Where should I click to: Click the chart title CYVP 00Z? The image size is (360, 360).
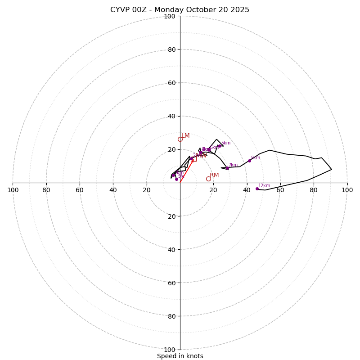pos(180,10)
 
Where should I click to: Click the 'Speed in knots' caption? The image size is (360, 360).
pos(180,356)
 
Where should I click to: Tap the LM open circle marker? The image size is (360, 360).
pos(180,139)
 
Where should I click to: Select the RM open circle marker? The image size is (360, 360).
pos(208,179)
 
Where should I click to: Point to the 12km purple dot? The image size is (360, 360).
pos(257,189)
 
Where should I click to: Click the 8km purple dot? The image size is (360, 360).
pos(249,161)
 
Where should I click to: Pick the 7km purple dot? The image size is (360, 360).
pos(227,168)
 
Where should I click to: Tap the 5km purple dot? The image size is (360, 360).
pos(220,146)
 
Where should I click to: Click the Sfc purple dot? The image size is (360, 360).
pos(176,179)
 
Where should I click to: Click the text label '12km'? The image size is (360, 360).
pos(264,185)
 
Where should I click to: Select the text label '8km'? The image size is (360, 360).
pos(256,157)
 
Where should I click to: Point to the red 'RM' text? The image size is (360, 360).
pos(214,175)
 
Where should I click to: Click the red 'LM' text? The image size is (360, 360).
pos(185,135)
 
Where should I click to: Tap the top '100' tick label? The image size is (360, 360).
pos(170,16)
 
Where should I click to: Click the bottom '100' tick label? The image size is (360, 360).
pos(170,350)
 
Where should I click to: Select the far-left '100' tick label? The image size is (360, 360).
pos(13,190)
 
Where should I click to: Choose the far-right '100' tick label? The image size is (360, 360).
pos(347,190)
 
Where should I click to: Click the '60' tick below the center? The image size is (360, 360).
pos(171,283)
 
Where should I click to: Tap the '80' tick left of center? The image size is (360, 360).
pos(46,190)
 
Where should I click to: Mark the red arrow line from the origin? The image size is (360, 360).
pos(186,171)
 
